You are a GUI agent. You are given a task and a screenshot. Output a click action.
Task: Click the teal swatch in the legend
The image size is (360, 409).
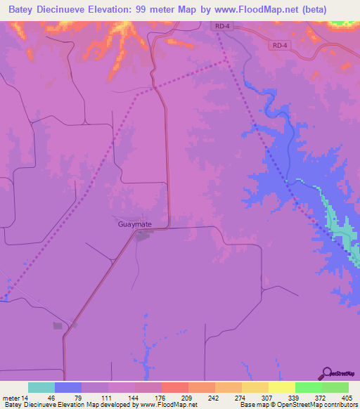(x=41, y=387)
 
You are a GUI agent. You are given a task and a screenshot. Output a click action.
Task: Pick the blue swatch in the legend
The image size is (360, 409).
(x=68, y=387)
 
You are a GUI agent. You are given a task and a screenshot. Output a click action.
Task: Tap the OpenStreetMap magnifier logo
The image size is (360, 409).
(x=326, y=375)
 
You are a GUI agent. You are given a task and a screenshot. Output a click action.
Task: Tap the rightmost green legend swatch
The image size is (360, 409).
(x=335, y=387)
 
